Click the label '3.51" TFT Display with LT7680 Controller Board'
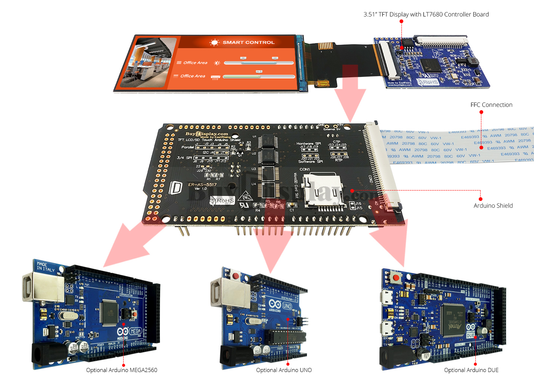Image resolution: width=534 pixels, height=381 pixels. [426, 15]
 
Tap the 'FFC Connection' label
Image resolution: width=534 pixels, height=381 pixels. [491, 105]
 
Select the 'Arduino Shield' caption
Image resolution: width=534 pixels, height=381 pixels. [493, 206]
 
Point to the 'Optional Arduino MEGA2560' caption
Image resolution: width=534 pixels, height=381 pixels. [121, 370]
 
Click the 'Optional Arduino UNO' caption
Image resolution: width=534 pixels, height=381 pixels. [284, 370]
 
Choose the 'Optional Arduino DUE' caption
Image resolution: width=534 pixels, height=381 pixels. [471, 370]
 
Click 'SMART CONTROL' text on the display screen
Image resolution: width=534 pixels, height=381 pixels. [248, 43]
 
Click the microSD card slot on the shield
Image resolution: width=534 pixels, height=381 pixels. [323, 190]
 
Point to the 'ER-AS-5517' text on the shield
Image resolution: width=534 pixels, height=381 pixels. [202, 185]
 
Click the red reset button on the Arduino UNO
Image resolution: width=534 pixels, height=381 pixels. [236, 276]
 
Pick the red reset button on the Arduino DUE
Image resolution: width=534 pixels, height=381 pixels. [396, 278]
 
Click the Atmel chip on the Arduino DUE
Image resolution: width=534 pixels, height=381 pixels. [453, 320]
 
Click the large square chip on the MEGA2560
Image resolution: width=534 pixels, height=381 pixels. [109, 312]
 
